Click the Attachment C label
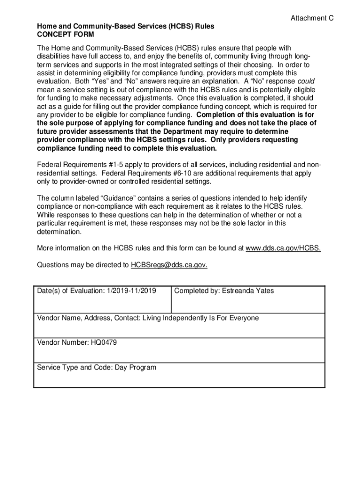point(312,18)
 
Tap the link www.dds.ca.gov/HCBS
point(283,248)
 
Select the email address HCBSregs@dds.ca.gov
point(169,265)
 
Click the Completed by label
point(194,291)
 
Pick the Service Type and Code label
point(72,367)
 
